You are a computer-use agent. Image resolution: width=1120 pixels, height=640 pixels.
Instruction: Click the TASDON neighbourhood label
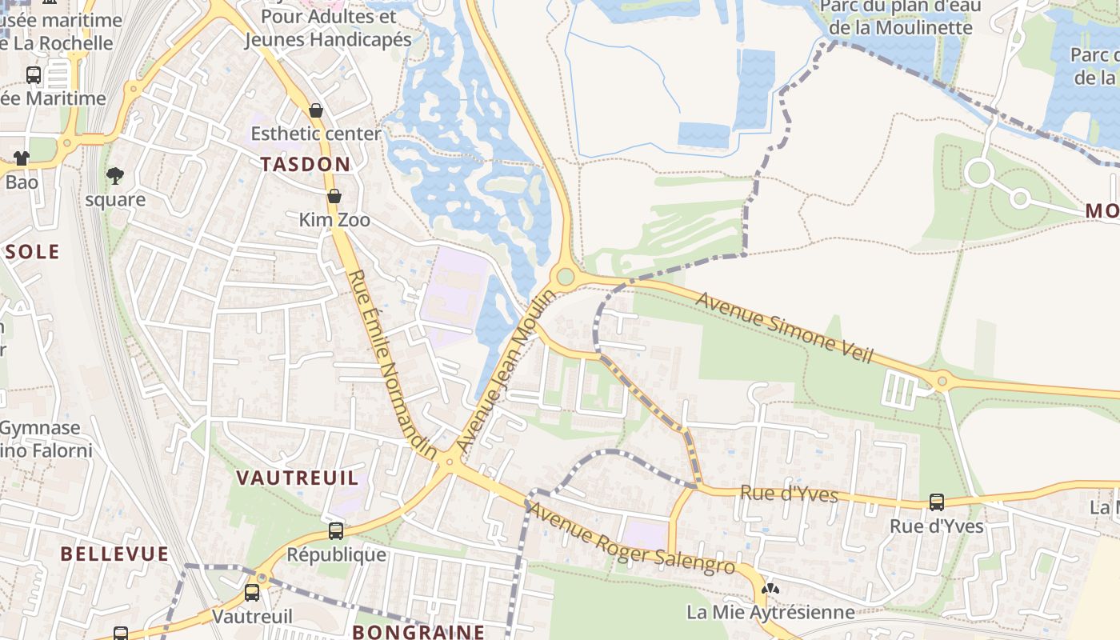306,164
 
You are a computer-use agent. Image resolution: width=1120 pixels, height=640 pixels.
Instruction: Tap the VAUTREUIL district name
297,478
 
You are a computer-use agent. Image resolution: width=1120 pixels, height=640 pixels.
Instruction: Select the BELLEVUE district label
114,554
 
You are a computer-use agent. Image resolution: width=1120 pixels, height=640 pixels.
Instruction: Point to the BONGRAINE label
418,631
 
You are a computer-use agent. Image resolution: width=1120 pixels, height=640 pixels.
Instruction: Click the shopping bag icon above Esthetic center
316,110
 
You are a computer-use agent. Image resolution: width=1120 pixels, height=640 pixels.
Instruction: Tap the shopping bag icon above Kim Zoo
334,196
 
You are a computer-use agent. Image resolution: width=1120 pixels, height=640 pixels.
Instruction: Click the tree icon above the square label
115,175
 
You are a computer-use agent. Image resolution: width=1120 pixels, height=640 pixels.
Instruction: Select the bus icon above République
336,530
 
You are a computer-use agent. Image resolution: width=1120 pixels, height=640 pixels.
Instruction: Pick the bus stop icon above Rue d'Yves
936,502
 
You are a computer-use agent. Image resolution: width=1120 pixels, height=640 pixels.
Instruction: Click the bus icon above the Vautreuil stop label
251,593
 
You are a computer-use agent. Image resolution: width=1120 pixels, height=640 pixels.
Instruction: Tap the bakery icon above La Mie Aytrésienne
770,589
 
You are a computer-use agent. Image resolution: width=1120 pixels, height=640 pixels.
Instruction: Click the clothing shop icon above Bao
22,158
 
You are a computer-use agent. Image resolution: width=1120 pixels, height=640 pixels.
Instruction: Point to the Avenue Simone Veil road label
784,327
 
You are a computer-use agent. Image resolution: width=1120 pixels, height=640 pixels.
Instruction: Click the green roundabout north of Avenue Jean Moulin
566,277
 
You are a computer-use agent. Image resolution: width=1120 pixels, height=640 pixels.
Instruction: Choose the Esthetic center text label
316,134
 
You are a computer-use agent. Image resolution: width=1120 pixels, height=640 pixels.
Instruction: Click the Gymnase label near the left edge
40,428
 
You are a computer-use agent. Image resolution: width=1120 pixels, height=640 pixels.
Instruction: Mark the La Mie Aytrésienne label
770,613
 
